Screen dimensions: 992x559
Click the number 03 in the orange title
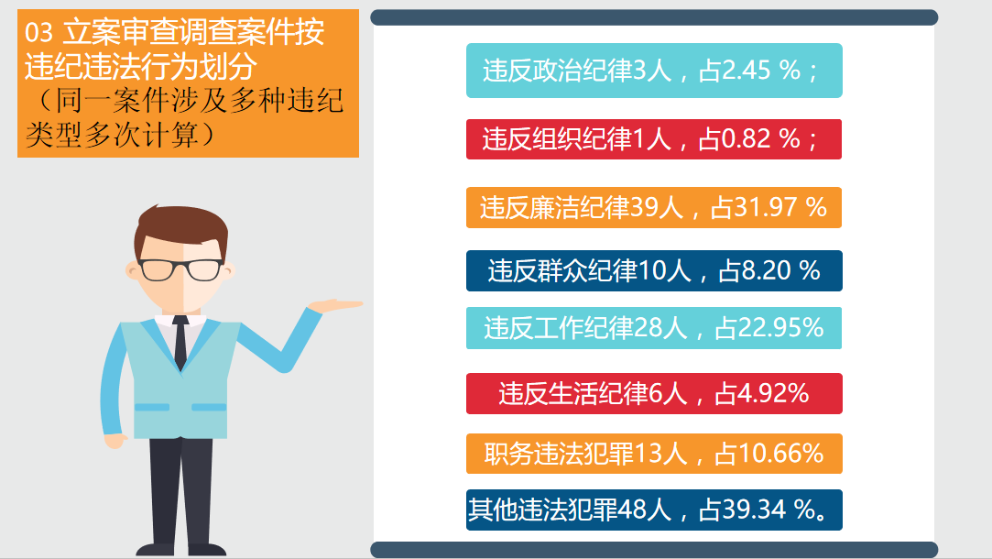(38, 32)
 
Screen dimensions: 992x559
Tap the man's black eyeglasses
(180, 269)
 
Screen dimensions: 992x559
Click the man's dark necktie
(180, 342)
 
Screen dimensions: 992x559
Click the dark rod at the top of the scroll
(654, 17)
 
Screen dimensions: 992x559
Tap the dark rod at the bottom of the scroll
(654, 550)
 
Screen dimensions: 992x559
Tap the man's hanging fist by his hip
(115, 441)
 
